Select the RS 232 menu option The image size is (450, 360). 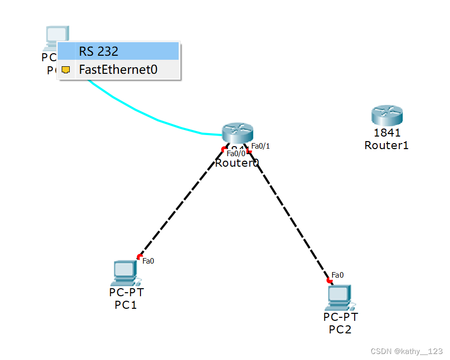[x=118, y=51]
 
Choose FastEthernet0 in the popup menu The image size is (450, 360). [x=118, y=70]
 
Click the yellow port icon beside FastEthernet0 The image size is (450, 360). [x=66, y=70]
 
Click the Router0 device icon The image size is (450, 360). [x=238, y=132]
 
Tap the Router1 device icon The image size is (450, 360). [x=387, y=116]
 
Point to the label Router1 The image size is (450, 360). [x=387, y=145]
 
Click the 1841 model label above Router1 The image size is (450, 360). [x=387, y=133]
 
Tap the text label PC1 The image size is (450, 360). [x=125, y=305]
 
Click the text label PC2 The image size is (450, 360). [x=340, y=329]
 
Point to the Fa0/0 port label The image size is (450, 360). [x=236, y=154]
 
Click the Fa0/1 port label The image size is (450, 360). [x=260, y=146]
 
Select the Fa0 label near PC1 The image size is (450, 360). [x=148, y=261]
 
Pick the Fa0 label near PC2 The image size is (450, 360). [x=338, y=275]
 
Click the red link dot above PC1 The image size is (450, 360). [x=139, y=257]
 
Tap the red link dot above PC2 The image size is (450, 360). [x=329, y=280]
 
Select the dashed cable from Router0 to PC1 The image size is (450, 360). [x=181, y=203]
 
